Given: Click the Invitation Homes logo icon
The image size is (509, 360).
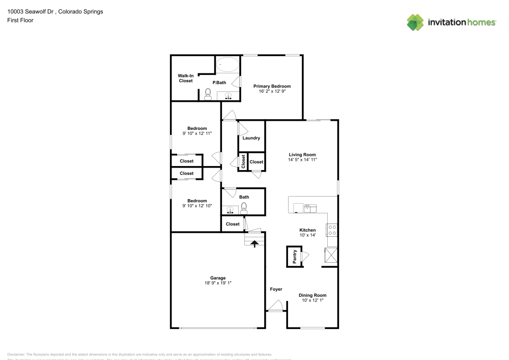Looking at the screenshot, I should [415, 22].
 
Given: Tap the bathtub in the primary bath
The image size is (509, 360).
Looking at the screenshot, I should [228, 65].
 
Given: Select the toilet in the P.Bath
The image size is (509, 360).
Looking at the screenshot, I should [208, 94].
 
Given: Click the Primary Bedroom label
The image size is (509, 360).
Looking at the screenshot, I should [272, 87].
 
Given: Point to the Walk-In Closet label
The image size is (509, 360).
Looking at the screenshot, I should [185, 78].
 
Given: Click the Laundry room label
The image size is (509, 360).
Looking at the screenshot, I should [251, 138].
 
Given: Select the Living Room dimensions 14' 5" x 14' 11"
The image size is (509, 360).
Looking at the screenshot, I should [302, 160].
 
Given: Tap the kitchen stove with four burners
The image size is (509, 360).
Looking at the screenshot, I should [332, 230].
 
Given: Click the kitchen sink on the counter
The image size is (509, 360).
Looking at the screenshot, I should [309, 207].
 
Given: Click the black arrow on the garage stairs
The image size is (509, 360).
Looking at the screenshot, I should [254, 243].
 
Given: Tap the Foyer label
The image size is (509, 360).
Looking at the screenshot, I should [276, 289].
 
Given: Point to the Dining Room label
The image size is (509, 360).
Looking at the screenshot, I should [313, 295].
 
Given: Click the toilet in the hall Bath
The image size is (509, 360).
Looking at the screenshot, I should [244, 207].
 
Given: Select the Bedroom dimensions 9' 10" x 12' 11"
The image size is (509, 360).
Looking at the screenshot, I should [197, 133].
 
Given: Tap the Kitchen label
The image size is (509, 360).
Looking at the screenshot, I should [307, 230].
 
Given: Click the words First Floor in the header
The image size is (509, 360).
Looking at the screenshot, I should [20, 20].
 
